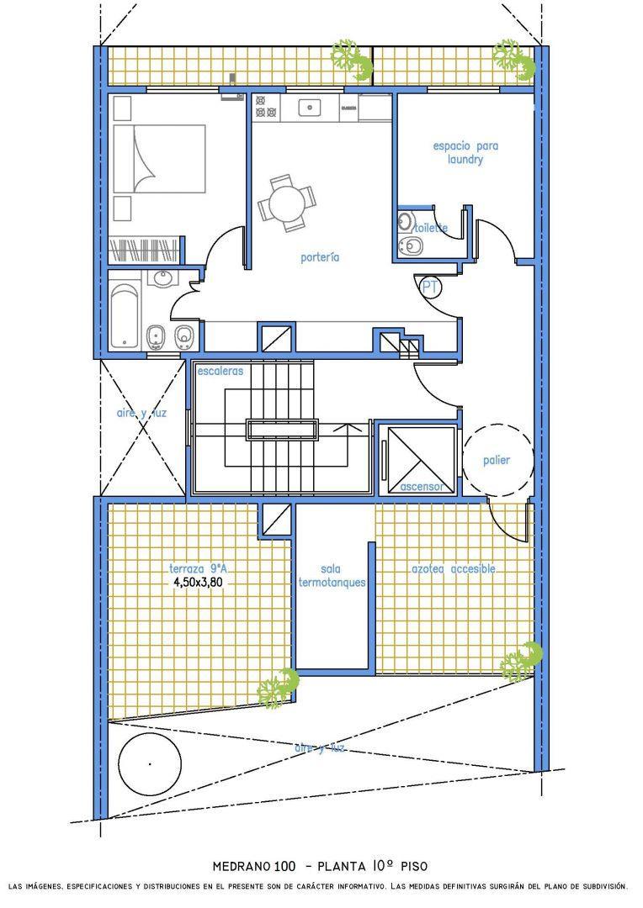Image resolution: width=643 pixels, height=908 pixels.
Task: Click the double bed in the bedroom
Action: point(159,159)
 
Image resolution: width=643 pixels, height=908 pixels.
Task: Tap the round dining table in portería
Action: point(288,203)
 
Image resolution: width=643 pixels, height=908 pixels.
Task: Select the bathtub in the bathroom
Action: point(125,314)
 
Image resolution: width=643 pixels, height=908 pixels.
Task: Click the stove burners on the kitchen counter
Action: point(266,107)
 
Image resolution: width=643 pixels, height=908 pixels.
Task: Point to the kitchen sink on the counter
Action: point(311,107)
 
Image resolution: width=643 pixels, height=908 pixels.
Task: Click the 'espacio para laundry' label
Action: point(465,152)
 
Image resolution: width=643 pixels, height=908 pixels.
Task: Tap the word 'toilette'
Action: point(431,228)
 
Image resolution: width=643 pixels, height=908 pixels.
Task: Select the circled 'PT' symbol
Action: point(429,286)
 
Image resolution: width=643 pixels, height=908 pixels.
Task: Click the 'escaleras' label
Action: point(221,371)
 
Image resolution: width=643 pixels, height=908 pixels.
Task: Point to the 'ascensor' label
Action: point(422,487)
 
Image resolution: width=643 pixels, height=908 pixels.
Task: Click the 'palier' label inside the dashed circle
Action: point(497,461)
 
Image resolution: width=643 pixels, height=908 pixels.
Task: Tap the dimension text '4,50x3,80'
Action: point(199,583)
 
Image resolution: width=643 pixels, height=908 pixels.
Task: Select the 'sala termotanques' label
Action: point(332,576)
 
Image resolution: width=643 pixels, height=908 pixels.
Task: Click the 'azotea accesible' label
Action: point(454,568)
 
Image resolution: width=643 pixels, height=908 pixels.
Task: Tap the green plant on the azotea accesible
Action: point(521,662)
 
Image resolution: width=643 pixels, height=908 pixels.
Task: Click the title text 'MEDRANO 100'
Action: point(254,867)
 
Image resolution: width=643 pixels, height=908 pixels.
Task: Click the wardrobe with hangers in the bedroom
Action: point(144,251)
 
